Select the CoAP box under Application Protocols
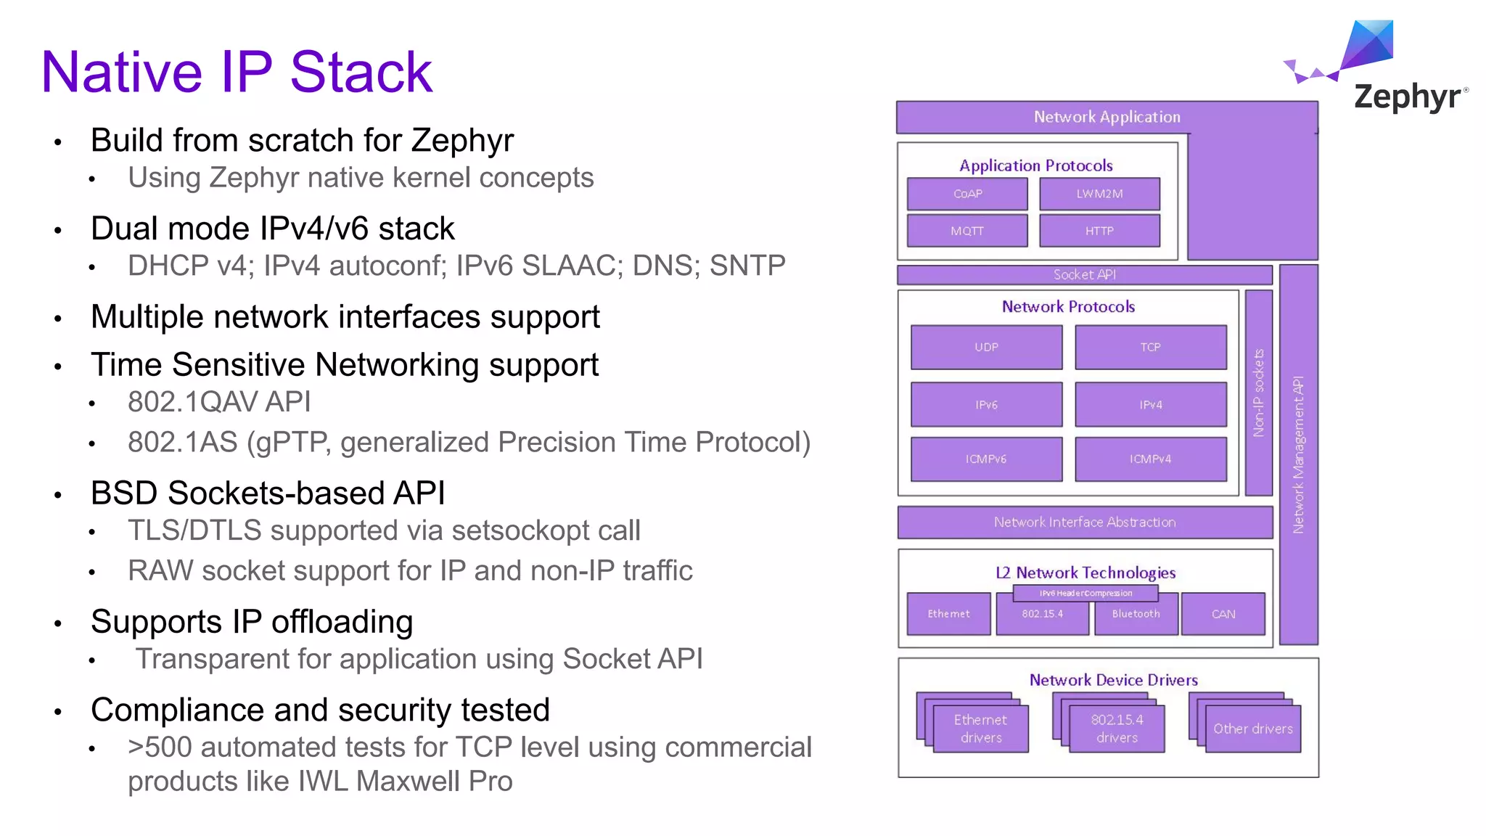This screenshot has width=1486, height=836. pos(967,194)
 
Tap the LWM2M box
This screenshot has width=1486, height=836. pos(1099,194)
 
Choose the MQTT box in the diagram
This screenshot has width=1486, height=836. pos(967,231)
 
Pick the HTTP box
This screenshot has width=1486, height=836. pos(1099,231)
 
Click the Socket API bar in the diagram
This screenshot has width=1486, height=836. pos(1084,275)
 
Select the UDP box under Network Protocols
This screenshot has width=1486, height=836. pos(986,348)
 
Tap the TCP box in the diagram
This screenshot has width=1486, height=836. pos(1150,348)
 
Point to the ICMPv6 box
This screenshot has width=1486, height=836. pos(986,459)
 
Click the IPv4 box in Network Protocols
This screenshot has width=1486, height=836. pos(1150,405)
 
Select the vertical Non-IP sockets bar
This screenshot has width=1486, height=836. pos(1259,393)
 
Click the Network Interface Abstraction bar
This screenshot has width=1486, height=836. pos(1084,522)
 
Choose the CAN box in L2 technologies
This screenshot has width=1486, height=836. pos(1223,615)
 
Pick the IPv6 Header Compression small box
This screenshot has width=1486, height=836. pos(1085,594)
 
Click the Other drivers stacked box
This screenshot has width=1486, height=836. pos(1252,729)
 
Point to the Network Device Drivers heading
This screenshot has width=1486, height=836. pos(1113,680)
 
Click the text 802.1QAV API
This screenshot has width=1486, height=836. pos(219,402)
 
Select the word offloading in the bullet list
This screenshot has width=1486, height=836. pos(342,623)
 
